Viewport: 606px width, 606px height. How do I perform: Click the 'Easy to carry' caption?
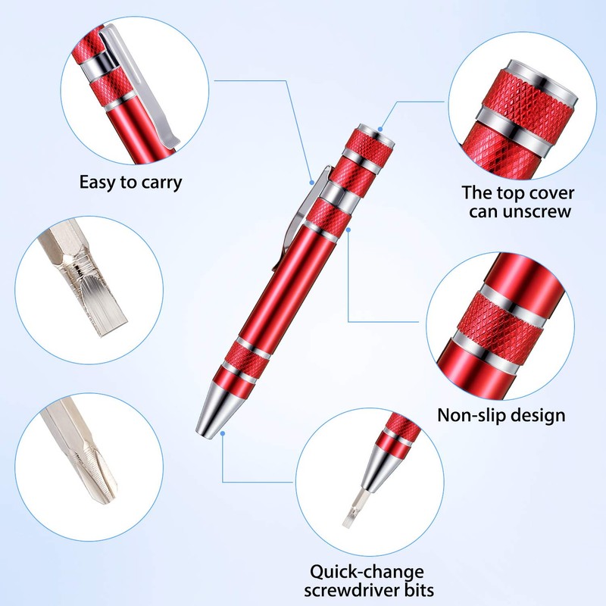pos(130,183)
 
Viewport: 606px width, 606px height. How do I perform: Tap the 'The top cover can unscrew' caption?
pos(519,202)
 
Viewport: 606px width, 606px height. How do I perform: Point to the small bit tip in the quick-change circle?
pos(349,515)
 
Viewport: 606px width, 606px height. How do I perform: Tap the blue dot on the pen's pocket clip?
pos(312,182)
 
